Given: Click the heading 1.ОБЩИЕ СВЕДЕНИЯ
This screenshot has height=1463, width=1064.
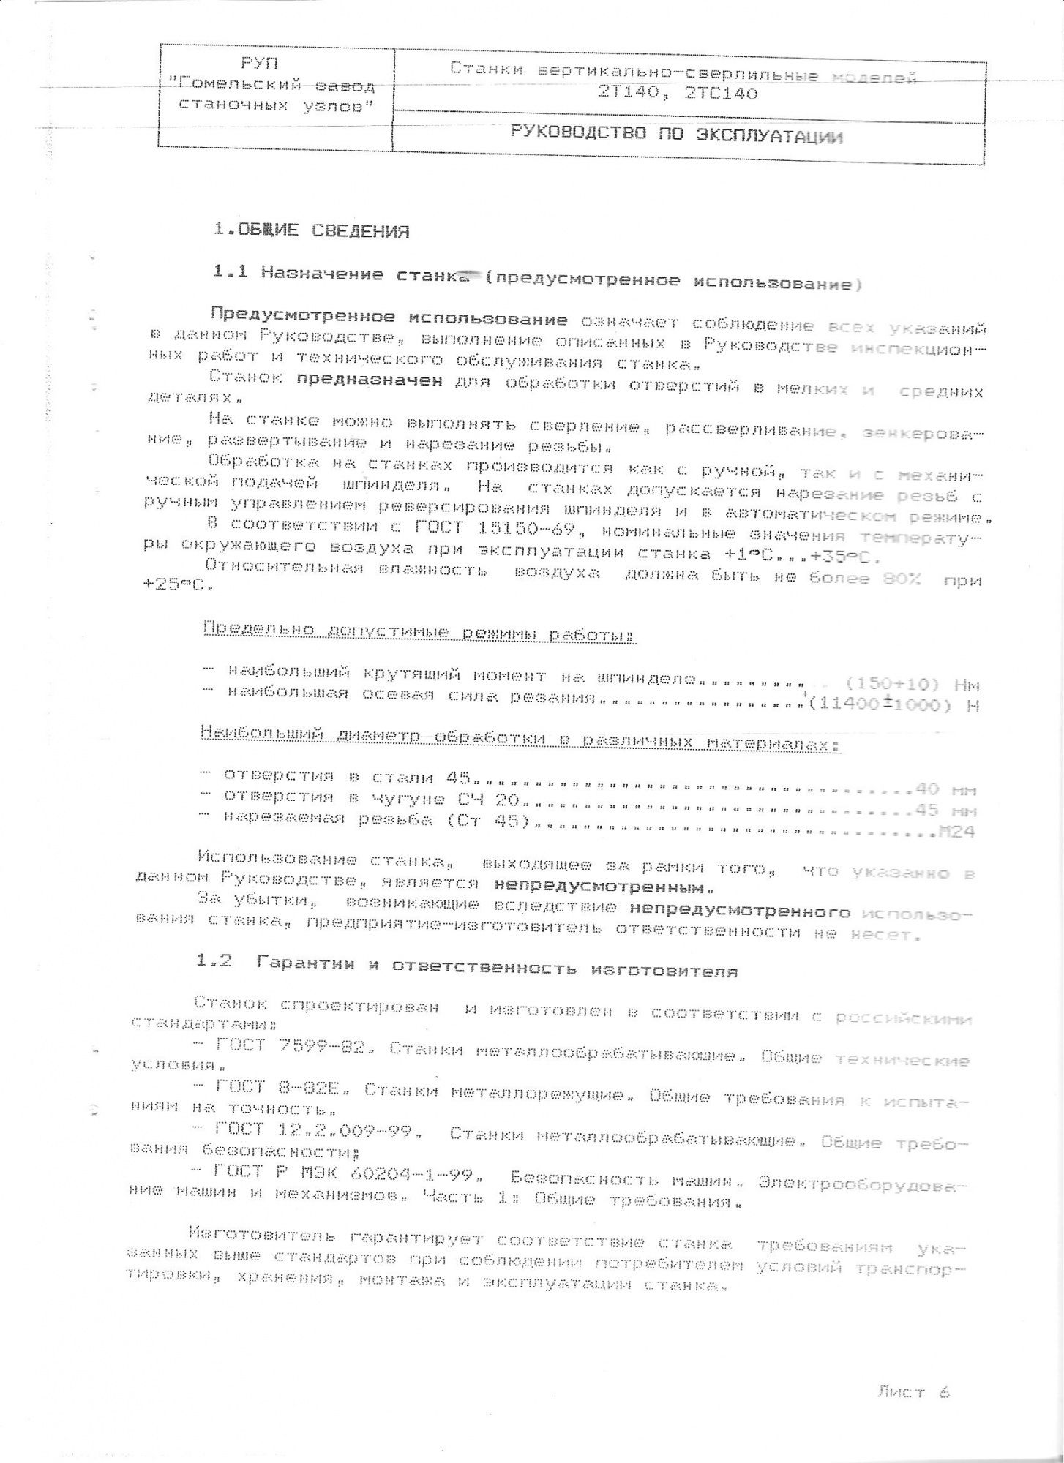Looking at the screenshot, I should (311, 230).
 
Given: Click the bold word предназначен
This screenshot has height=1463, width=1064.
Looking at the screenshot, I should (370, 380).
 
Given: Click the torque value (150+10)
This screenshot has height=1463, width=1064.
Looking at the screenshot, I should (891, 685).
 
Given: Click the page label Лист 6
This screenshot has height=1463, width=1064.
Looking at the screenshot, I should (913, 1391).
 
